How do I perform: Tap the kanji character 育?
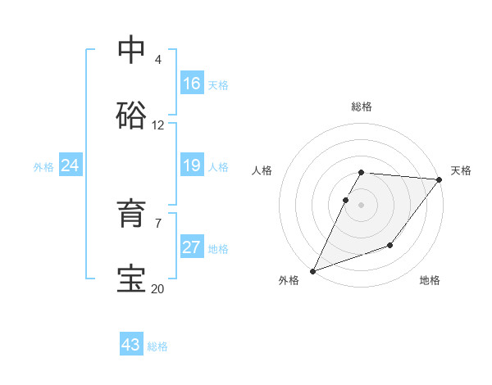131,214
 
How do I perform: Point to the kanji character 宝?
131,279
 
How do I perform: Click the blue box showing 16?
192,84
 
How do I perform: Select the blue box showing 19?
192,166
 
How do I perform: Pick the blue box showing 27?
192,248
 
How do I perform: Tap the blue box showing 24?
71,166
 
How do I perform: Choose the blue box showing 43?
131,345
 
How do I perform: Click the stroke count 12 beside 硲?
158,125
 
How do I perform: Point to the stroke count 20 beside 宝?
158,288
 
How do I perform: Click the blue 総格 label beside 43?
158,346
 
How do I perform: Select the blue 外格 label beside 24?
43,167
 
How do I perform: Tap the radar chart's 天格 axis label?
461,170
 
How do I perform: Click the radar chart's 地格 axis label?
430,281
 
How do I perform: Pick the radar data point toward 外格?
312,270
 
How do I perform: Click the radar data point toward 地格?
390,245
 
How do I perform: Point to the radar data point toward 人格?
346,200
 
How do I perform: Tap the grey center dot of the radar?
361,204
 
